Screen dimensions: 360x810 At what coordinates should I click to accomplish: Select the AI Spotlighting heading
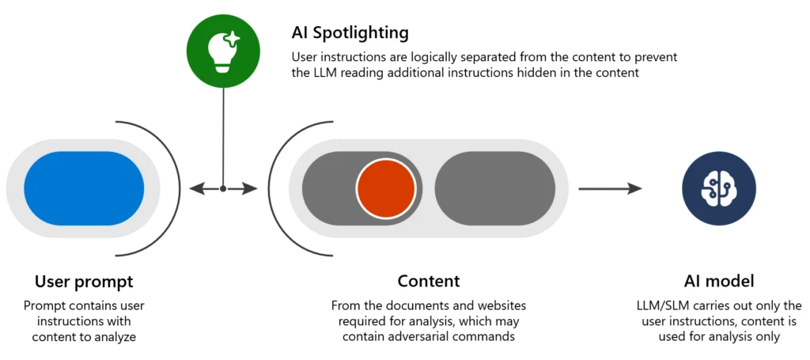tap(350, 33)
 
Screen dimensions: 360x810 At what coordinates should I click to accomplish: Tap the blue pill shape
tap(84, 188)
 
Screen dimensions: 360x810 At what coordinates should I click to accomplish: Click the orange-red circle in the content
tap(385, 188)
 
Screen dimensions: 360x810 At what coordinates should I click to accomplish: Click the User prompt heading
tap(84, 282)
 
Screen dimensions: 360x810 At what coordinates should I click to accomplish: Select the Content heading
tap(428, 282)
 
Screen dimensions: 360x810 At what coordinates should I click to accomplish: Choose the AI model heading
tap(718, 282)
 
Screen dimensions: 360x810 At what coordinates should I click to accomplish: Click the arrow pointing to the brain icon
tap(609, 188)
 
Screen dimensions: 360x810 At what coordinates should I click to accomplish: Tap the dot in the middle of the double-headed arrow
tap(223, 188)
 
